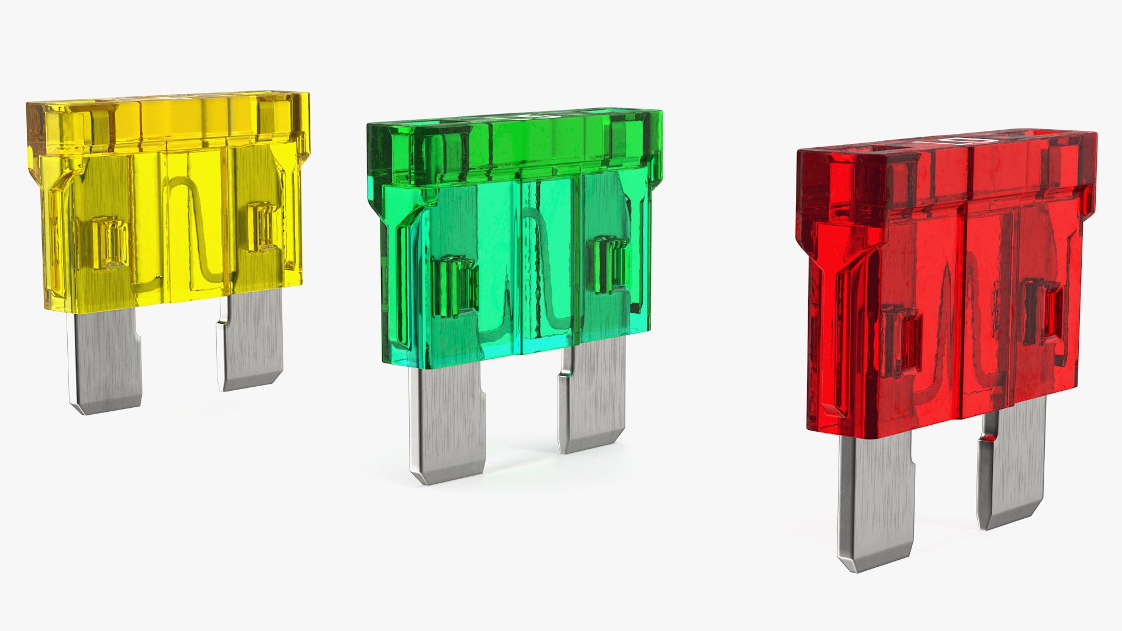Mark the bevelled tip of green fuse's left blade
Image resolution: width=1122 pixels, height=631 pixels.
[x=447, y=474]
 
